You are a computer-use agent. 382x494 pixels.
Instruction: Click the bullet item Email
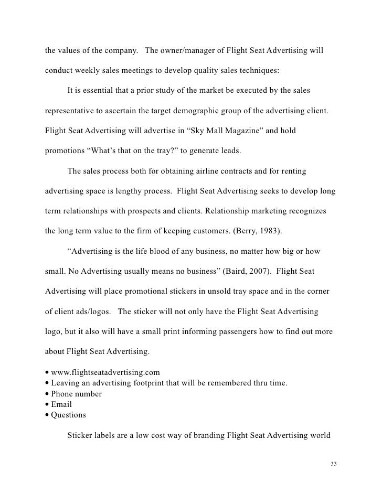[61, 404]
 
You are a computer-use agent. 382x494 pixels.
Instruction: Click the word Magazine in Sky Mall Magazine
[232, 130]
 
